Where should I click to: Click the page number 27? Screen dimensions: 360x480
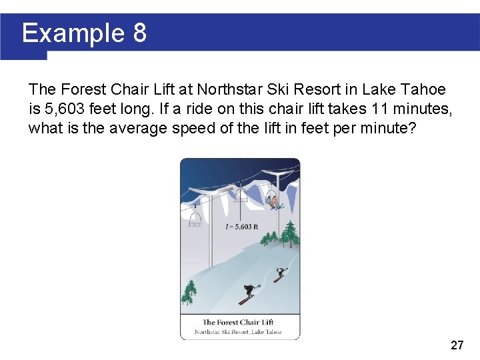pyautogui.click(x=457, y=345)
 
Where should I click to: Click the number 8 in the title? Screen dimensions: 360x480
pyautogui.click(x=139, y=33)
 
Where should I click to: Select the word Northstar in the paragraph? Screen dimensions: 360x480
pyautogui.click(x=227, y=89)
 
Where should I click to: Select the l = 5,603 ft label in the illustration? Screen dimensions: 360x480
pyautogui.click(x=242, y=227)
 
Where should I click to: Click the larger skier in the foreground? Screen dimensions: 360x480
pyautogui.click(x=248, y=293)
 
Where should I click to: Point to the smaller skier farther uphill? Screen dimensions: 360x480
pyautogui.click(x=281, y=273)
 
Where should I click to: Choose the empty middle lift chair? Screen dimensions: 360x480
pyautogui.click(x=239, y=195)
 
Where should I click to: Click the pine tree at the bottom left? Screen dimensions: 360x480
pyautogui.click(x=190, y=293)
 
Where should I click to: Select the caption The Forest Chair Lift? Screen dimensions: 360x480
pyautogui.click(x=238, y=323)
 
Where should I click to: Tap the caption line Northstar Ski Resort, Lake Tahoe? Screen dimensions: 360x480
pyautogui.click(x=238, y=331)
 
